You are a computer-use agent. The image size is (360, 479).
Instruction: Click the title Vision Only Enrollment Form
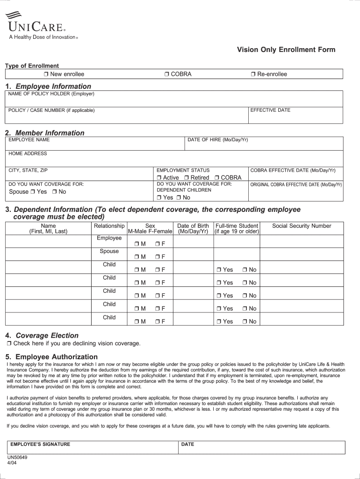[x=286, y=50]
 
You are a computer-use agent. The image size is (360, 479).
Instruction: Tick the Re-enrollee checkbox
[x=253, y=74]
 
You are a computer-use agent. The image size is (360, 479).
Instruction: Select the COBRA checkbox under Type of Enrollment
[x=166, y=74]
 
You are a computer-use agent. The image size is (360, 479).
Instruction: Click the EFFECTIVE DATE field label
[x=270, y=110]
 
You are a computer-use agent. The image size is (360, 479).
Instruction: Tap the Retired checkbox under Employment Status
[x=187, y=178]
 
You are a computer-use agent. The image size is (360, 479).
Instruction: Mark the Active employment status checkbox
[x=159, y=178]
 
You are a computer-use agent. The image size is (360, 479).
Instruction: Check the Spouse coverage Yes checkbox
[x=33, y=192]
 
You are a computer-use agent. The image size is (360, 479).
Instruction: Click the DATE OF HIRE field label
[x=217, y=140]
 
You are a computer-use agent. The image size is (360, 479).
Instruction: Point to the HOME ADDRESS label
[x=28, y=153]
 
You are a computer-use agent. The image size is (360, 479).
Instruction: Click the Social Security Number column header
[x=302, y=226]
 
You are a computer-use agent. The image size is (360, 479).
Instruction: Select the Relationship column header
[x=109, y=226]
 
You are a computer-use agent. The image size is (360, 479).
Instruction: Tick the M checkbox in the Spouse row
[x=137, y=257]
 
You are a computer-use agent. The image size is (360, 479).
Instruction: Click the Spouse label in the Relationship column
[x=109, y=251]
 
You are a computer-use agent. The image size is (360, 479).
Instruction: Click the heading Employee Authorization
[x=57, y=357]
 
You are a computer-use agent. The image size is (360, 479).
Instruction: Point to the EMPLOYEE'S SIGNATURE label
[x=40, y=444]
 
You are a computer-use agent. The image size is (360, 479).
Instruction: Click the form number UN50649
[x=17, y=457]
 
